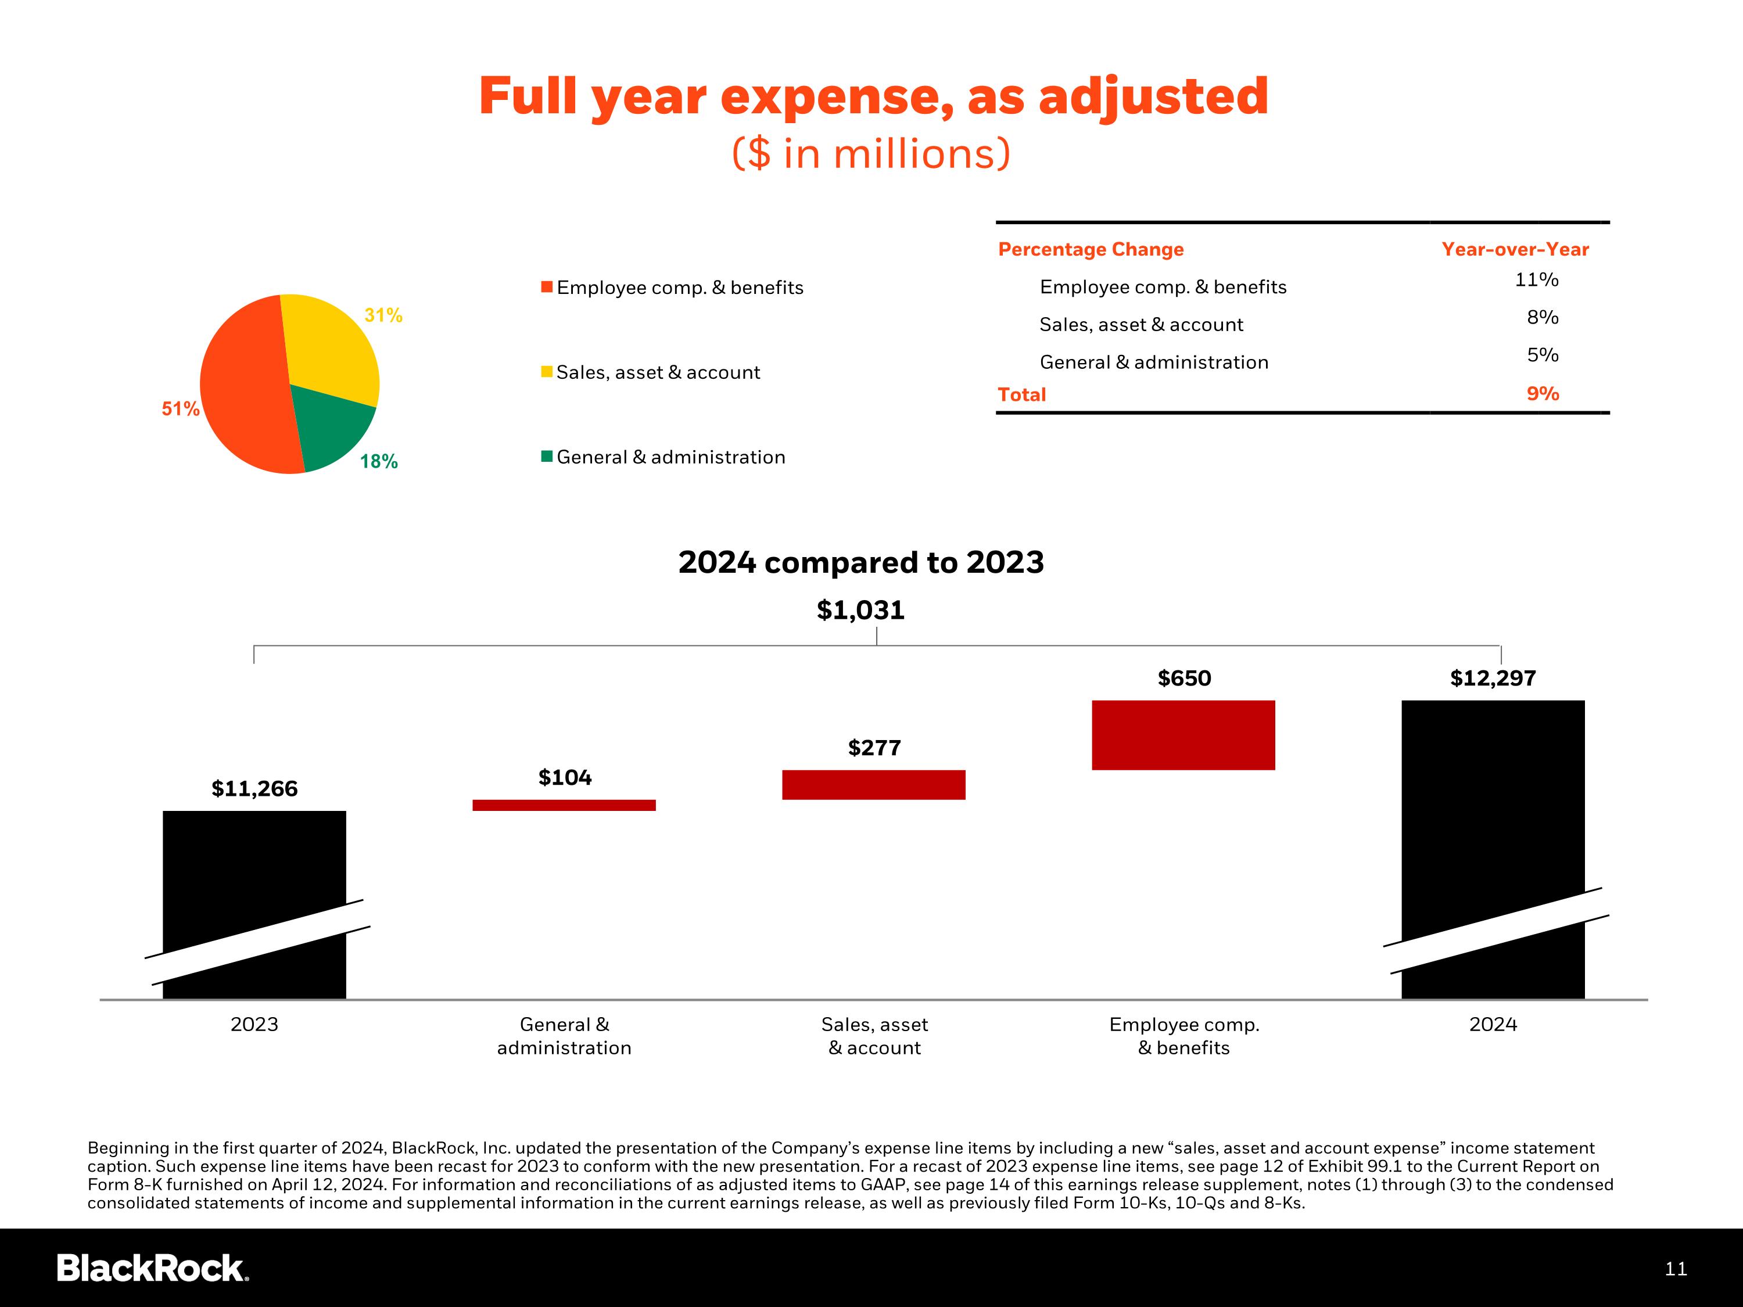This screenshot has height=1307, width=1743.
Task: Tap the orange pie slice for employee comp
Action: click(244, 386)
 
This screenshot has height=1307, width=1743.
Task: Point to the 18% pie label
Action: click(379, 462)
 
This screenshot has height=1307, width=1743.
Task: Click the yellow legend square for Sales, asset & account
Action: click(546, 372)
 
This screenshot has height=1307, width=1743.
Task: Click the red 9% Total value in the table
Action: click(1542, 394)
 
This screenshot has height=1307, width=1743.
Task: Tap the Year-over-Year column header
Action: click(1515, 249)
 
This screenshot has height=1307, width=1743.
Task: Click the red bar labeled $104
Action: click(564, 805)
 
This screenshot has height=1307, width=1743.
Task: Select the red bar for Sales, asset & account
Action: click(873, 785)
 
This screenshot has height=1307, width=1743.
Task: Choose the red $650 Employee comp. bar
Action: click(1183, 735)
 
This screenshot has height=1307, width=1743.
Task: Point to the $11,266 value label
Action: click(254, 789)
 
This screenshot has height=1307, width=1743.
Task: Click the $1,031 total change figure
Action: click(860, 610)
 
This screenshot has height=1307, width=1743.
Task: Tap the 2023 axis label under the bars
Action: click(254, 1024)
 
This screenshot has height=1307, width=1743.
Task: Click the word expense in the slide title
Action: click(835, 97)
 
